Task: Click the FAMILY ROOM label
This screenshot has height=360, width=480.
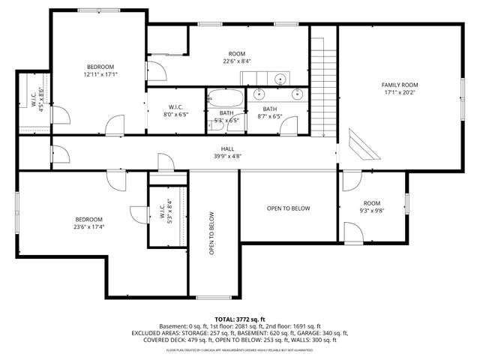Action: click(x=400, y=85)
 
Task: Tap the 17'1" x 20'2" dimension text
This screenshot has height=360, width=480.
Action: click(x=400, y=93)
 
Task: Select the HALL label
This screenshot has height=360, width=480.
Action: click(x=226, y=148)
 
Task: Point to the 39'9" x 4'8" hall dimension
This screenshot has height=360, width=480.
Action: click(x=226, y=157)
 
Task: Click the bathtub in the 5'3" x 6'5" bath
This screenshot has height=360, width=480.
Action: click(x=226, y=98)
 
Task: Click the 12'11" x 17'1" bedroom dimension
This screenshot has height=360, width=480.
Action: click(x=100, y=74)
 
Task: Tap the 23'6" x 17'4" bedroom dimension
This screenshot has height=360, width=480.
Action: click(x=88, y=226)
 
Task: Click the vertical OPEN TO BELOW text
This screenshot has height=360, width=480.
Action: click(x=212, y=232)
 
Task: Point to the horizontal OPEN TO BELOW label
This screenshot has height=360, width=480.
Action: click(x=288, y=208)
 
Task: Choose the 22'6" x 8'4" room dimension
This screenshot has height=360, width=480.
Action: click(x=237, y=61)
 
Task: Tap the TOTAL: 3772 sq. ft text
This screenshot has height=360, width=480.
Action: click(x=239, y=319)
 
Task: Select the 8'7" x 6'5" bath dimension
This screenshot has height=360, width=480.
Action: click(x=269, y=116)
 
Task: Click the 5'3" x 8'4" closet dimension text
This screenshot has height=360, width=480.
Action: click(x=169, y=211)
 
